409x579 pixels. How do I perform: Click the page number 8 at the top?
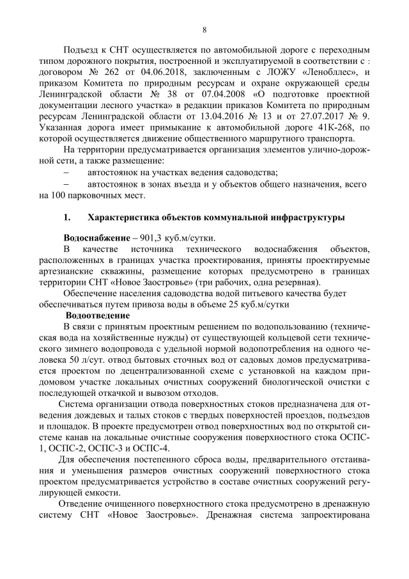click(x=204, y=29)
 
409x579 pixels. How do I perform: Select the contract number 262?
click(x=119, y=72)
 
